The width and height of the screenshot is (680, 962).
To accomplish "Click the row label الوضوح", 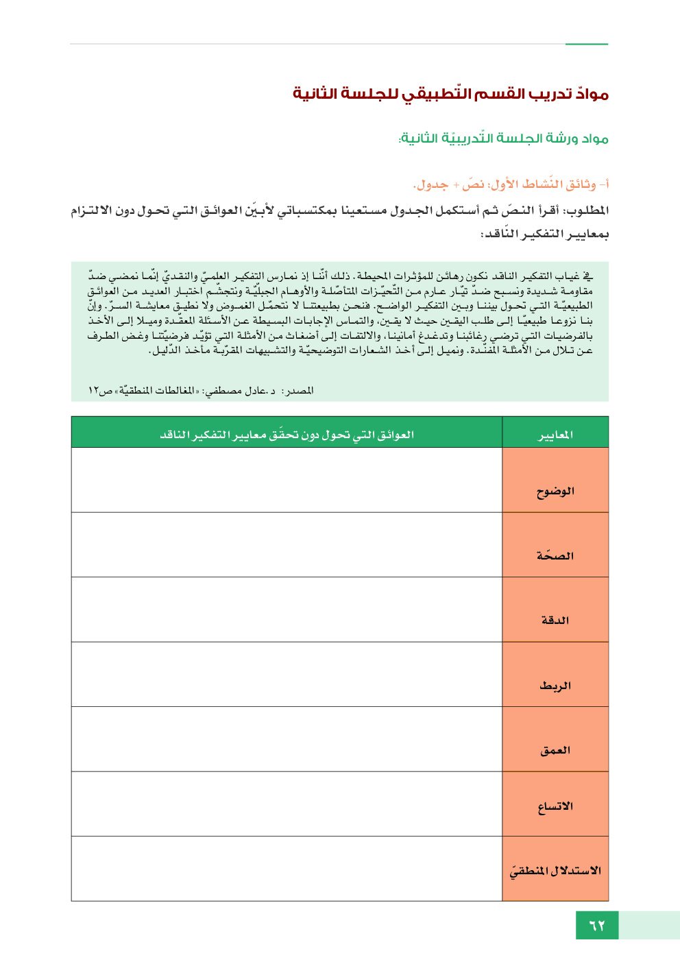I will pyautogui.click(x=555, y=491).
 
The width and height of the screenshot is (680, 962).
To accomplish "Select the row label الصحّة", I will pyautogui.click(x=555, y=555).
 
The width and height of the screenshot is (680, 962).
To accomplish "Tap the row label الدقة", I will pyautogui.click(x=555, y=620).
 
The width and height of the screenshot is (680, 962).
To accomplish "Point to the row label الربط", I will pyautogui.click(x=555, y=685).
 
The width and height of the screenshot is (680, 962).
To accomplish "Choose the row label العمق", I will pyautogui.click(x=555, y=750).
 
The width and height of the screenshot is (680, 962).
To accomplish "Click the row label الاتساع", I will pyautogui.click(x=555, y=806).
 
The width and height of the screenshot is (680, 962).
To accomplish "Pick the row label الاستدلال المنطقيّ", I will pyautogui.click(x=555, y=871).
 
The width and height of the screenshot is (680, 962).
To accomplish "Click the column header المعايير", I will pyautogui.click(x=555, y=435).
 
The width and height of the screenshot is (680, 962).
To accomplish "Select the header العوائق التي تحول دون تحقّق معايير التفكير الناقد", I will pyautogui.click(x=287, y=435).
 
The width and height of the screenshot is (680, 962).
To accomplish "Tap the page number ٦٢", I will pyautogui.click(x=597, y=926).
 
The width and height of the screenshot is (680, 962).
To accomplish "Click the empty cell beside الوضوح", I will pyautogui.click(x=287, y=480).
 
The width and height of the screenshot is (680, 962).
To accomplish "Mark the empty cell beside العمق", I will pyautogui.click(x=287, y=739).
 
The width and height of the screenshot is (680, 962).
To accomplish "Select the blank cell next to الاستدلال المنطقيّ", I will pyautogui.click(x=287, y=869).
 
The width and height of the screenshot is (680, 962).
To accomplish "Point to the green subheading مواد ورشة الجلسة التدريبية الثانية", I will pyautogui.click(x=504, y=139).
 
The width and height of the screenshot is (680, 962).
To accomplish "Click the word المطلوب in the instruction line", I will pyautogui.click(x=586, y=211).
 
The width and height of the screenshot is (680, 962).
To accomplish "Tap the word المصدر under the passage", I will pyautogui.click(x=298, y=390).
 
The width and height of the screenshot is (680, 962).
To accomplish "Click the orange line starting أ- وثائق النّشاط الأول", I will pyautogui.click(x=511, y=184).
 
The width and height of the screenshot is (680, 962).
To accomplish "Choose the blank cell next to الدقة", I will pyautogui.click(x=287, y=610).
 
